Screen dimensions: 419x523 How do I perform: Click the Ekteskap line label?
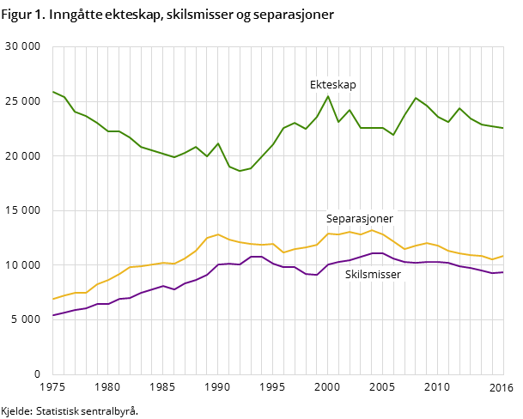click(332, 85)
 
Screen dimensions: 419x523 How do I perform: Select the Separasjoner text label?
click(359, 219)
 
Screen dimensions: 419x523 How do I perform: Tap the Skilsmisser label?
click(373, 275)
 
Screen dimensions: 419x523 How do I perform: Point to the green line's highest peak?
click(327, 96)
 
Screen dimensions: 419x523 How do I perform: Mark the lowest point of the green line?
click(240, 171)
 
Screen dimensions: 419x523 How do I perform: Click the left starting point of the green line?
click(53, 92)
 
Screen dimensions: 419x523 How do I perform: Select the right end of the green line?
click(503, 128)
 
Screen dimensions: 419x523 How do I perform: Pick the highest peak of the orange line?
click(218, 234)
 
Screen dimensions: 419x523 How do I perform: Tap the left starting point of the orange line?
click(53, 299)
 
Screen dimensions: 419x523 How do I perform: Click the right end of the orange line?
click(503, 255)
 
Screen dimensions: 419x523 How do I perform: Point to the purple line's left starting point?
click(53, 315)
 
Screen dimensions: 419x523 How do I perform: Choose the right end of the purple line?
click(503, 272)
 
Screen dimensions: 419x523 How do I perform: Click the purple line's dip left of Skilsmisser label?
click(317, 275)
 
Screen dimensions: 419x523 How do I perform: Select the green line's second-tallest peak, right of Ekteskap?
click(416, 98)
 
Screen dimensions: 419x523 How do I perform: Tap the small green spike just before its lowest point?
click(218, 143)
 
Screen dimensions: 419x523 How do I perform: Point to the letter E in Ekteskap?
click(313, 85)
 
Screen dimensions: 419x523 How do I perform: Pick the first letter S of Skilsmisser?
click(349, 275)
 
